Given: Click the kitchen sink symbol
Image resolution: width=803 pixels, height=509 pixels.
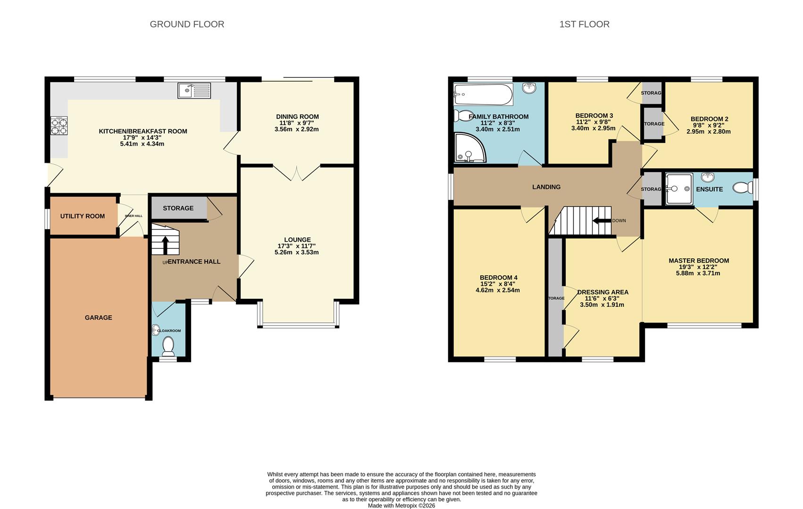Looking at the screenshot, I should click(x=194, y=90).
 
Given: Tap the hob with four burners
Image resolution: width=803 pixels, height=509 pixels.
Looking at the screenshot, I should click(x=59, y=126).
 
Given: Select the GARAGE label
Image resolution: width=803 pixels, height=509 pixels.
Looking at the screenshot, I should click(x=98, y=318).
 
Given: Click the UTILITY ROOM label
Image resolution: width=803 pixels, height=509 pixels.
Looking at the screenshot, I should click(x=83, y=216).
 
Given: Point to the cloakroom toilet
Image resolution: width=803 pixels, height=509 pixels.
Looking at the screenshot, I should click(x=168, y=347).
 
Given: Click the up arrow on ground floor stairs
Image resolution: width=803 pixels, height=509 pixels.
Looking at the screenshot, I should click(x=165, y=245).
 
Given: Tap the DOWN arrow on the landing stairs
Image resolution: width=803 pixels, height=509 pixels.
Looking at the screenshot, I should click(x=602, y=221).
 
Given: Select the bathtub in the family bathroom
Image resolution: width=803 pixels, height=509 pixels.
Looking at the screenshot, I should click(x=482, y=95).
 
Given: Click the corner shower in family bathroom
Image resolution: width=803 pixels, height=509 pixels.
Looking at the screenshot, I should click(x=469, y=148).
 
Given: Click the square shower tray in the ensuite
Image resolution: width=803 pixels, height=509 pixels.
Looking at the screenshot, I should click(x=679, y=189).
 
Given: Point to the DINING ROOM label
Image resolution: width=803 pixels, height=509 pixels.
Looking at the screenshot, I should click(x=297, y=116).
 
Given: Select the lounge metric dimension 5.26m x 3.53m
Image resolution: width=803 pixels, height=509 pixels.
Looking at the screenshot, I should click(x=296, y=252).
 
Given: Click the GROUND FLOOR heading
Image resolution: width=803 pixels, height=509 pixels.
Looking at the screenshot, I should click(x=187, y=24).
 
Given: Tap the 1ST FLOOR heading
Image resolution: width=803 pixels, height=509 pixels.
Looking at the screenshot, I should click(x=584, y=24).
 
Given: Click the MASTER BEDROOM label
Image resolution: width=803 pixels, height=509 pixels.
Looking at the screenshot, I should click(x=698, y=261).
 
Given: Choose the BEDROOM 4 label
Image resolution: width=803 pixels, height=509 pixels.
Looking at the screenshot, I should click(x=498, y=278).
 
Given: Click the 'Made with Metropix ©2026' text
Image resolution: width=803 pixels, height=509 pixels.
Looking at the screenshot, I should click(x=401, y=506).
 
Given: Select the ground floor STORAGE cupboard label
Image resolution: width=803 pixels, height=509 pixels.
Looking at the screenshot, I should click(x=178, y=208).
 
